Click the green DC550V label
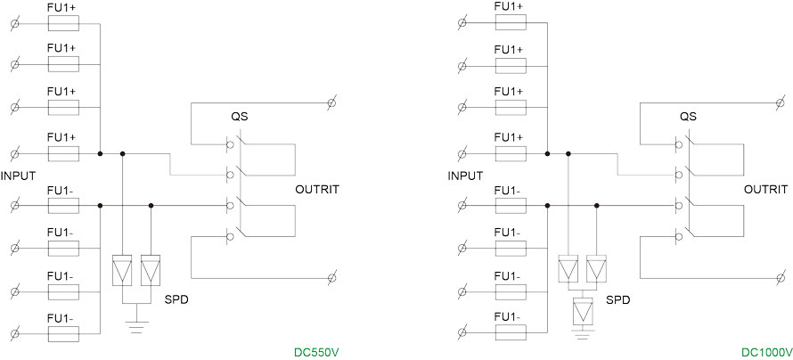point(317,352)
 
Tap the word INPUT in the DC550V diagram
point(18,176)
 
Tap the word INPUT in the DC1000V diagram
point(465,176)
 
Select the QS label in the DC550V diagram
point(240,117)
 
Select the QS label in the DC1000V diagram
point(688,117)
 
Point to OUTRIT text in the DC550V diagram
point(316,189)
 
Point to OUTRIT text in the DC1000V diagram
point(765,189)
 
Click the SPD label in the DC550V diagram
point(176,300)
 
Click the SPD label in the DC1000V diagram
point(617,300)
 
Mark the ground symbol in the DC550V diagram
point(135,327)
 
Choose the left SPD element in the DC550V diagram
point(122,271)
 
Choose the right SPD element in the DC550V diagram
point(151,271)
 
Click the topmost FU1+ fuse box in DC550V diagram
point(61,19)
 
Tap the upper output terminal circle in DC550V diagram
point(331,103)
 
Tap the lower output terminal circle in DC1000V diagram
point(780,278)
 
